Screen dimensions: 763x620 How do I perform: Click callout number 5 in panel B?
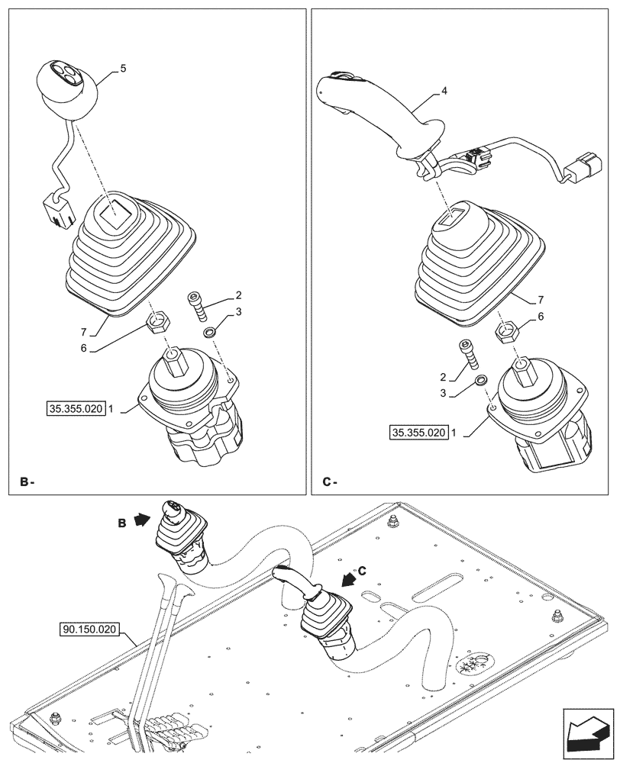click(124, 69)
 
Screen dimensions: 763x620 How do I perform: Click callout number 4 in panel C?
click(444, 91)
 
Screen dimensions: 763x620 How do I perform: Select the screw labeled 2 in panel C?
click(468, 356)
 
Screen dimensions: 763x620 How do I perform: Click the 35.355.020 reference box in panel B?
click(73, 409)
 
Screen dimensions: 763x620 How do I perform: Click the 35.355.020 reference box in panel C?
click(418, 433)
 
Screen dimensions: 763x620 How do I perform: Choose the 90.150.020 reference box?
click(87, 629)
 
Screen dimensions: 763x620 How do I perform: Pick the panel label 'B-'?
click(27, 482)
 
